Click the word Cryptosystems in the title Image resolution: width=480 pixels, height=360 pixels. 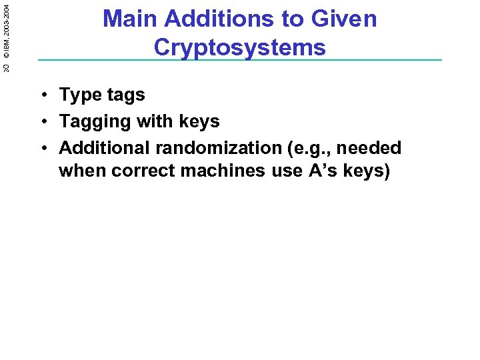[239, 47]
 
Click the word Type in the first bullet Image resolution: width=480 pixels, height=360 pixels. [79, 95]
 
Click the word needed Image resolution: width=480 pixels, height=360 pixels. [371, 148]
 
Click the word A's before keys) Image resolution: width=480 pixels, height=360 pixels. [323, 171]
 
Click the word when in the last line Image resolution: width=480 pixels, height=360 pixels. [83, 171]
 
